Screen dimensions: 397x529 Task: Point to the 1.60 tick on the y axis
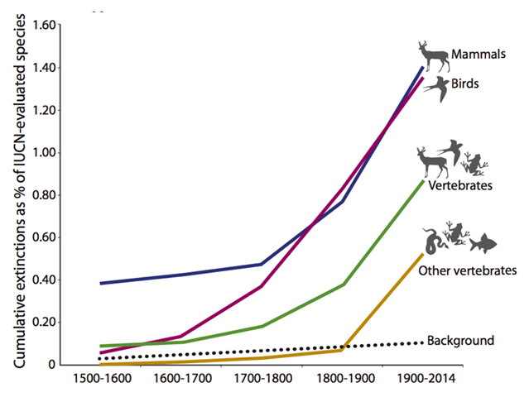click(45, 25)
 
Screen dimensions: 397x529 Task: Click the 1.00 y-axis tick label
click(45, 152)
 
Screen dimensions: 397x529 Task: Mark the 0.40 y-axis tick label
click(45, 280)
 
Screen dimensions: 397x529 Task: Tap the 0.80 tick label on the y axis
click(45, 195)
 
